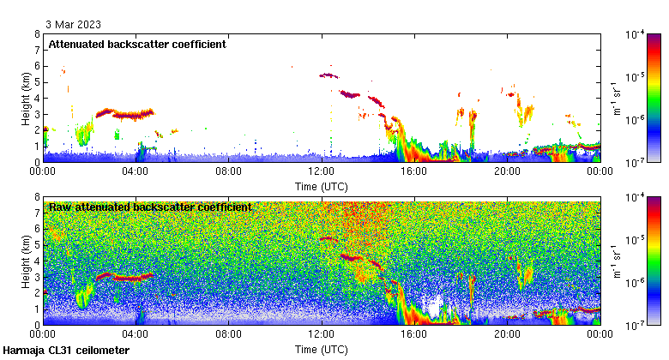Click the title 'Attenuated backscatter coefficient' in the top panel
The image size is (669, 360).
coord(137,44)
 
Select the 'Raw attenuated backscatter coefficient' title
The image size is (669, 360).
coord(150,207)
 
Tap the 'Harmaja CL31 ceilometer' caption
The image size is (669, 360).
coord(66,351)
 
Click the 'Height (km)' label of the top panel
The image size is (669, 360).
coord(27,99)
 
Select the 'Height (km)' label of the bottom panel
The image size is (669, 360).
coord(27,261)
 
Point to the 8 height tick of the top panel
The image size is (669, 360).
coord(37,34)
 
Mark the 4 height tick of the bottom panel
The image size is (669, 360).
coord(37,261)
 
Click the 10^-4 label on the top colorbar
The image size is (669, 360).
coord(636,34)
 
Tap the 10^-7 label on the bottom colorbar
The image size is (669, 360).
coord(636,325)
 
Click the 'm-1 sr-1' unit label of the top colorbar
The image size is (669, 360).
coord(614,99)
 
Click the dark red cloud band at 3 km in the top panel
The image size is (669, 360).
coord(124,113)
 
